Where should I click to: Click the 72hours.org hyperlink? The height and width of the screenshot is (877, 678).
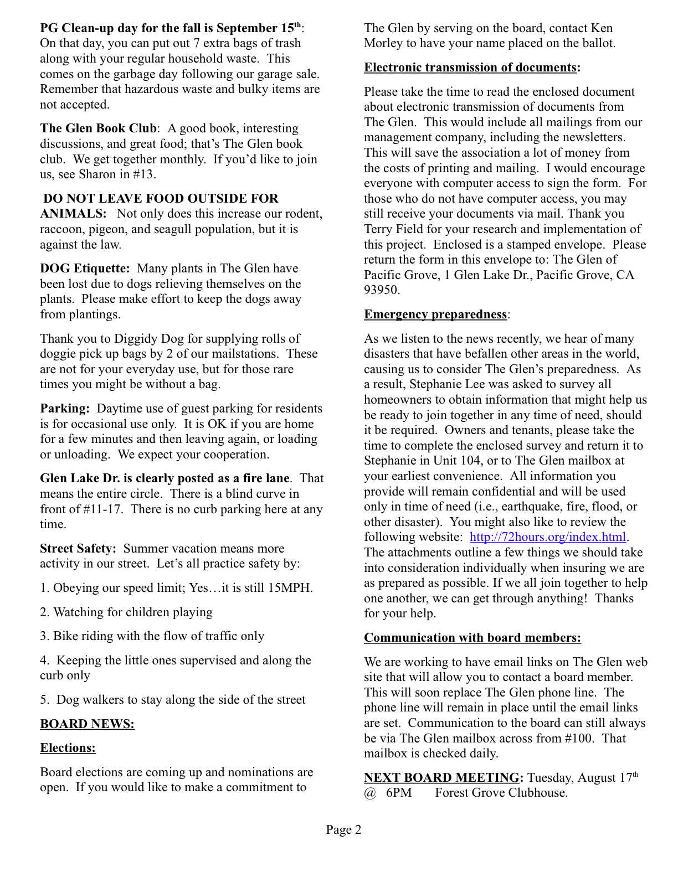(x=547, y=537)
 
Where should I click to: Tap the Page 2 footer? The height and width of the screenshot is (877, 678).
(x=343, y=829)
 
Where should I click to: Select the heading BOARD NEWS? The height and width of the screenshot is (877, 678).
(x=87, y=724)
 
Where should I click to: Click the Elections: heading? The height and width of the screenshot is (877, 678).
(x=68, y=748)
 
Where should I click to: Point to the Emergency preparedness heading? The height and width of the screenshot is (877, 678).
(x=435, y=314)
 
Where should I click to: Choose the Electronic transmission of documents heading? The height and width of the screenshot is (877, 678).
(x=470, y=68)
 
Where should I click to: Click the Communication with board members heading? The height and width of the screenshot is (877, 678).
(x=472, y=638)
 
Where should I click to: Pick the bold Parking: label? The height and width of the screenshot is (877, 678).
(x=64, y=409)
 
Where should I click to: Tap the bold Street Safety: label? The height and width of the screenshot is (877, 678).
(x=78, y=549)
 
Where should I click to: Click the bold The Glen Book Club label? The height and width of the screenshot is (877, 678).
(x=98, y=128)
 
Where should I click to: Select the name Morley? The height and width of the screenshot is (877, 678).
(x=383, y=43)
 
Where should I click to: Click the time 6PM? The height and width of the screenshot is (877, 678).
(x=399, y=793)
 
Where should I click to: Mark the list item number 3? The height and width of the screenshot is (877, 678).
(x=44, y=636)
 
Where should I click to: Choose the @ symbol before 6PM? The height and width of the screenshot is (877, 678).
(x=369, y=793)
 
